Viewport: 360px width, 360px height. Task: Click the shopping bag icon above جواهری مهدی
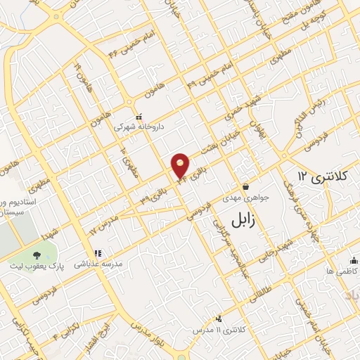tap(246, 187)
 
